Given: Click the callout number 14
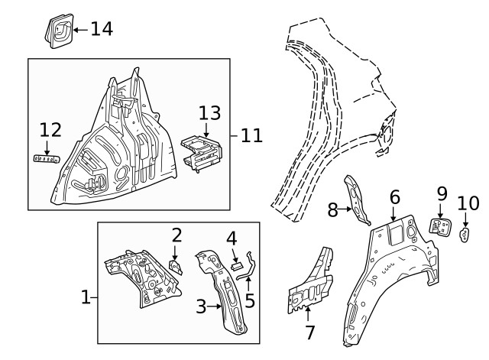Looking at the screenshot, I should pos(102,29).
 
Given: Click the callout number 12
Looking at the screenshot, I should pos(50,130).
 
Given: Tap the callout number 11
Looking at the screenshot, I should pos(251,136).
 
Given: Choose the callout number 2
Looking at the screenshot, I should pos(176,235).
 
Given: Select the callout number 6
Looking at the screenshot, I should pos(394,197).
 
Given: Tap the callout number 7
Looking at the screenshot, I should pos(309,332).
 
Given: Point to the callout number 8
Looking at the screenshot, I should pos(333,209).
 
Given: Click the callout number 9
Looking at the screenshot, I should pos(442,194).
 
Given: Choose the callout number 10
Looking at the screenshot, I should pos(468,203).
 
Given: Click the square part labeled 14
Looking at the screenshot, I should pos(58,31).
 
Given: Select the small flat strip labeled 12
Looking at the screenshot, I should pos(47,158).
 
